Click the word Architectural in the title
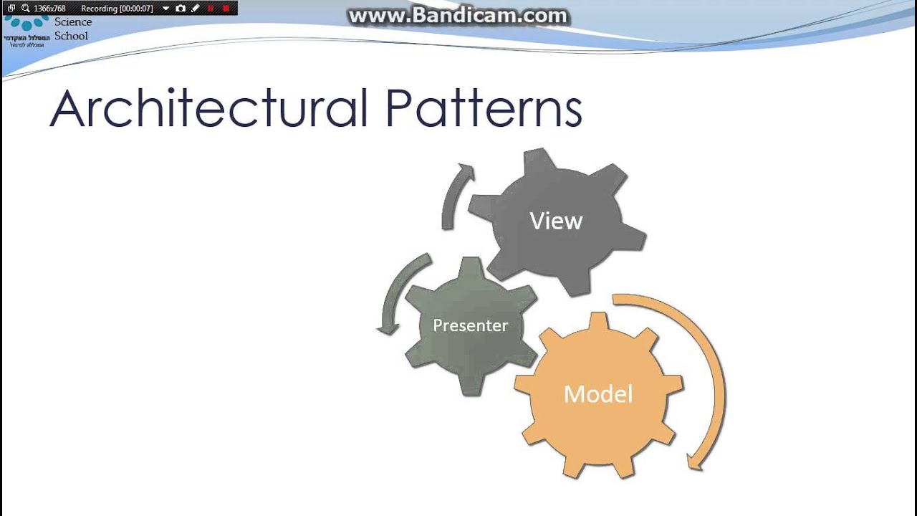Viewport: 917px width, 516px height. pyautogui.click(x=210, y=108)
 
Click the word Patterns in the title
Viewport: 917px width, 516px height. pyautogui.click(x=484, y=108)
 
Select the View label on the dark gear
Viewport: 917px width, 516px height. pyautogui.click(x=556, y=221)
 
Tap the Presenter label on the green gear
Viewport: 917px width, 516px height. pyautogui.click(x=470, y=325)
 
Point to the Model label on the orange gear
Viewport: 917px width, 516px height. pyautogui.click(x=598, y=394)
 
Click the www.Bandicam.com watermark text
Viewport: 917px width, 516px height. pyautogui.click(x=458, y=16)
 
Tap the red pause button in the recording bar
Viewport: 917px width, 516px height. pyautogui.click(x=211, y=9)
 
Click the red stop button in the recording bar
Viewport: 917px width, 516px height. pyautogui.click(x=226, y=9)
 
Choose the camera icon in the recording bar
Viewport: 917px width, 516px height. pyautogui.click(x=181, y=9)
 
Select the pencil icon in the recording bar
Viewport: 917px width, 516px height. pyautogui.click(x=196, y=9)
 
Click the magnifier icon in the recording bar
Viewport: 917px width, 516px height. pyautogui.click(x=26, y=9)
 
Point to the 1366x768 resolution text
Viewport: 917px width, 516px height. pyautogui.click(x=49, y=9)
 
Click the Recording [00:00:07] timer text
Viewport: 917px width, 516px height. pyautogui.click(x=117, y=9)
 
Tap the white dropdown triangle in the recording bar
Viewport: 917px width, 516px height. pyautogui.click(x=165, y=9)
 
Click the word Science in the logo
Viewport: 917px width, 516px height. pyautogui.click(x=73, y=22)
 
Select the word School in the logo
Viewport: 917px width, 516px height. pyautogui.click(x=71, y=36)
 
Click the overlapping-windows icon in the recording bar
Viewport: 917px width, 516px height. pyautogui.click(x=11, y=9)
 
